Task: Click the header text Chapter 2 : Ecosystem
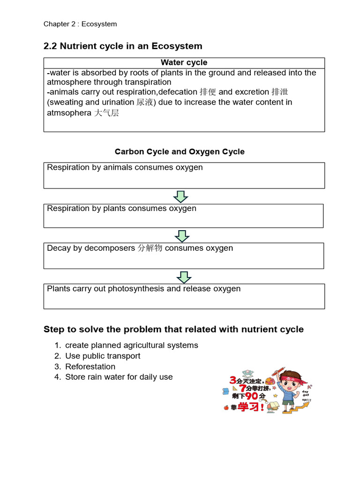[x=80, y=24]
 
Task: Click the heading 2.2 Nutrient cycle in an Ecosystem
[x=123, y=46]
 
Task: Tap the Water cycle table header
[x=184, y=63]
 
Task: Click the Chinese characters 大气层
[x=106, y=113]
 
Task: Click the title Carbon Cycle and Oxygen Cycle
[x=180, y=152]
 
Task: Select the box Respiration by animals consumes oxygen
[x=184, y=175]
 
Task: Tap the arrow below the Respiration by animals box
[x=180, y=196]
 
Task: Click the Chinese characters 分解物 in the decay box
[x=150, y=248]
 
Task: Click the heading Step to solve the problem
[x=173, y=330]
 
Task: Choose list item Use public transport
[x=103, y=356]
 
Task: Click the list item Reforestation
[x=90, y=367]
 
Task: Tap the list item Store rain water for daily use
[x=119, y=377]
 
